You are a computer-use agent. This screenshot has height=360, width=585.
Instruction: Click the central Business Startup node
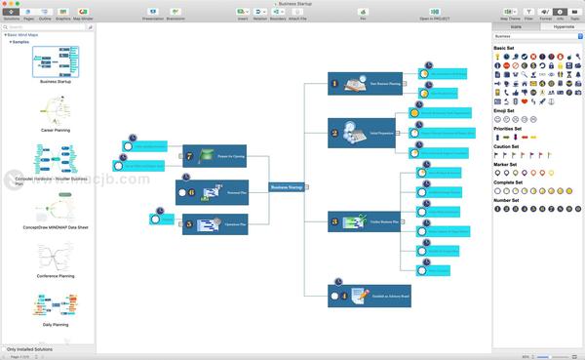(287, 186)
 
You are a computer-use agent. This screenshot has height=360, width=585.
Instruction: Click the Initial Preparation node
(362, 133)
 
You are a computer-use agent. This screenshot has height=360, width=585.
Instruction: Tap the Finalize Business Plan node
(362, 221)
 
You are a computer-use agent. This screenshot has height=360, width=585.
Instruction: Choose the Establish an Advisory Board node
(369, 295)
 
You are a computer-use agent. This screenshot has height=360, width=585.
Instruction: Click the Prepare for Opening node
(214, 155)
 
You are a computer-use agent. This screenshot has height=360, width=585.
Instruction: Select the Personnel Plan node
(211, 192)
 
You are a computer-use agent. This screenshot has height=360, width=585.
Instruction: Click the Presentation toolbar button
(153, 14)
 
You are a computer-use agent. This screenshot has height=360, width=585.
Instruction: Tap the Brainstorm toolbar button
(175, 14)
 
